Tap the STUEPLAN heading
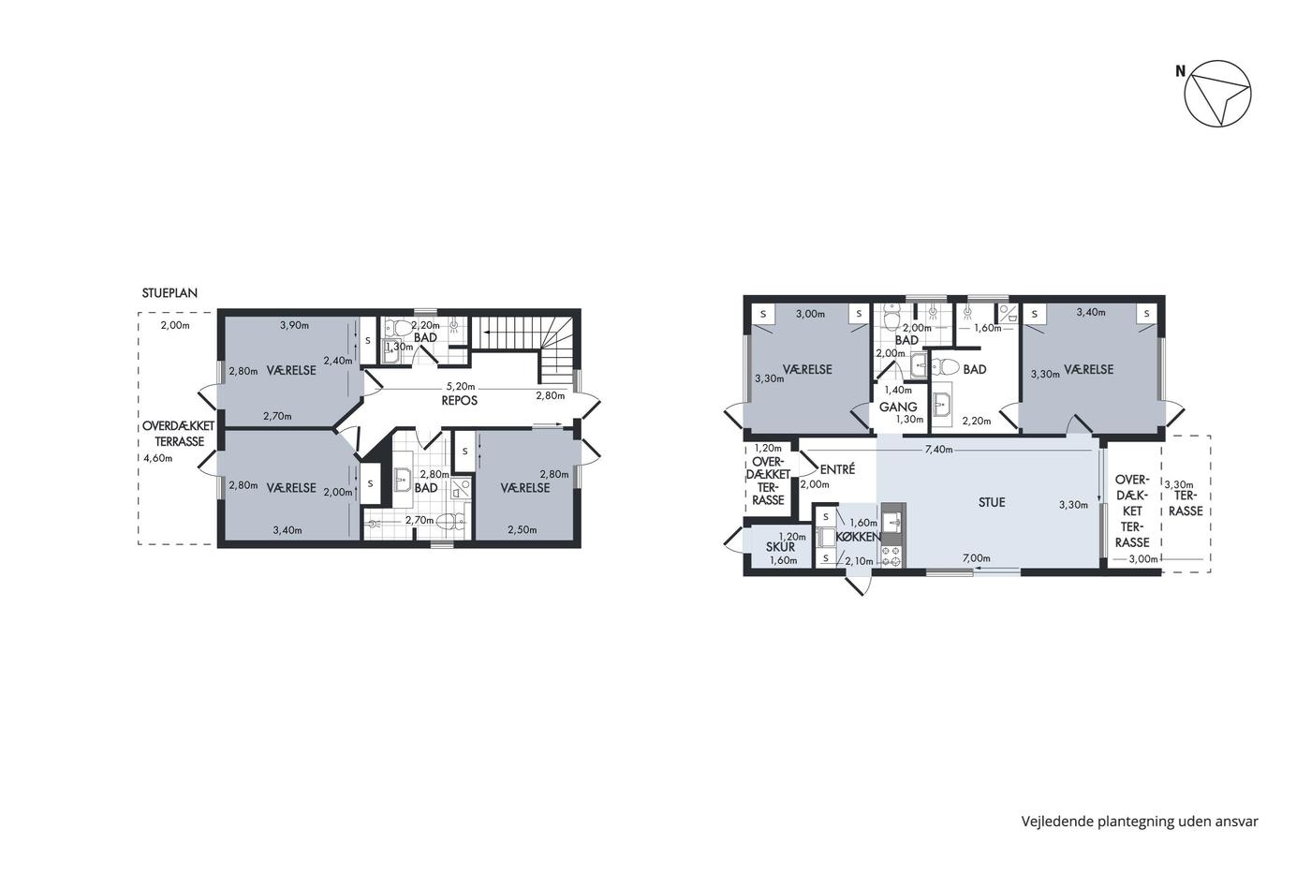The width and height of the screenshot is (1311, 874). [x=169, y=292]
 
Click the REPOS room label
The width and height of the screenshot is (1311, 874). [x=460, y=401]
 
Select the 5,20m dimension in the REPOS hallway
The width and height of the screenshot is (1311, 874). [x=461, y=386]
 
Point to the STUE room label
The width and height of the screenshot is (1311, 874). [x=992, y=502]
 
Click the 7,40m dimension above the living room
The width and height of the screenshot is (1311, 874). [x=938, y=450]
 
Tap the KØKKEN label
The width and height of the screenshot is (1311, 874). [x=859, y=537]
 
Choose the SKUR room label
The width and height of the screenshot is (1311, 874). [x=781, y=547]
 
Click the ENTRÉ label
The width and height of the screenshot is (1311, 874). [x=837, y=469]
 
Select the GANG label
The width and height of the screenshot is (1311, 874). [x=898, y=407]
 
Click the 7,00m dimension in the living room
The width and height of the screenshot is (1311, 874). [x=977, y=558]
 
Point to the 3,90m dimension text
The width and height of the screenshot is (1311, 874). [x=294, y=325]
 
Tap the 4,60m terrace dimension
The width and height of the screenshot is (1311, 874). [x=158, y=458]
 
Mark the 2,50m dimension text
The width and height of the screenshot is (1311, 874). [x=523, y=530]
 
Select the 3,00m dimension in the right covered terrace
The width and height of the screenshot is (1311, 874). [x=1143, y=559]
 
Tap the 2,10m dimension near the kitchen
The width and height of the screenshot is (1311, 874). [x=860, y=562]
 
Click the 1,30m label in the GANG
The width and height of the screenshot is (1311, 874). [x=909, y=419]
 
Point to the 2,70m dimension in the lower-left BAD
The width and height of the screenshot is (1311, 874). [x=420, y=521]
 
